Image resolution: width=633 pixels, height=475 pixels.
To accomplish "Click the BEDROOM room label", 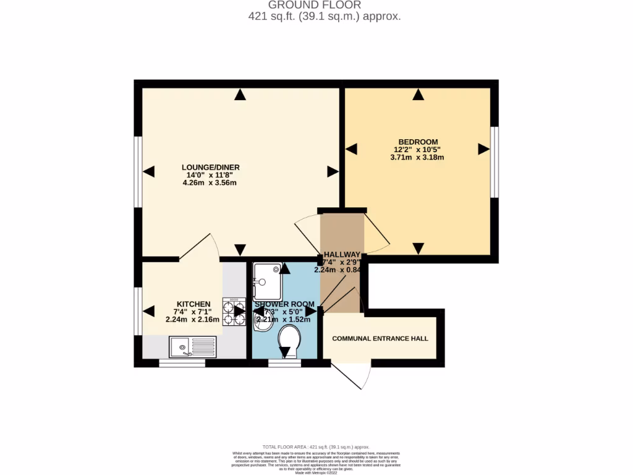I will point(418,141).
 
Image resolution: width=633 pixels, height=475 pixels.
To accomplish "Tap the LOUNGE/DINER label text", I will point(210,167).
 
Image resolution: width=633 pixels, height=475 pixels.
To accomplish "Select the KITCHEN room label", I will point(193,304).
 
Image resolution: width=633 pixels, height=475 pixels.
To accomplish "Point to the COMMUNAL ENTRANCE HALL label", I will point(380,338).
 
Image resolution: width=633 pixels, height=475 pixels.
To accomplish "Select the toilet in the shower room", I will point(289,338).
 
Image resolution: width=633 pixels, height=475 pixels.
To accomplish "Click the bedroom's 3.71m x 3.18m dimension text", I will point(417,158).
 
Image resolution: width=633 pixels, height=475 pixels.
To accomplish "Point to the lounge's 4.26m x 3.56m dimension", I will point(210,183).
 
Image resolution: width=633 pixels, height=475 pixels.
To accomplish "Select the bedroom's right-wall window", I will point(495,162).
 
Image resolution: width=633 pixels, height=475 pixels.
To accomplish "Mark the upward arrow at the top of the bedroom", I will point(418,95).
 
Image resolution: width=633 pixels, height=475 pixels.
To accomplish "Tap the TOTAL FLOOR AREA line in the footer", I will point(316,447).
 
